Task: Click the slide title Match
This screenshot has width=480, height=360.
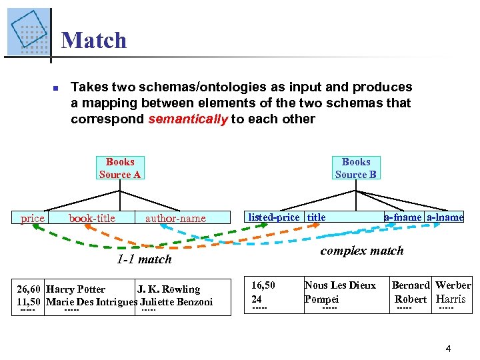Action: click(93, 40)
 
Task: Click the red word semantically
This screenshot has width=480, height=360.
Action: click(187, 119)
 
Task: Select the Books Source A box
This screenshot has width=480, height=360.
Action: click(120, 168)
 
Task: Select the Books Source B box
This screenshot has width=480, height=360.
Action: click(356, 168)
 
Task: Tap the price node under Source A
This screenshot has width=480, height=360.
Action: click(33, 218)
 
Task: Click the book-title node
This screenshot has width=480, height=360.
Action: click(92, 218)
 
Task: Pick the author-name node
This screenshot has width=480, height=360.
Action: click(176, 218)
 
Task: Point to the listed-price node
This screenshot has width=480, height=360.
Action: click(273, 217)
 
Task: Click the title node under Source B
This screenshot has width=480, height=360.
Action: click(316, 217)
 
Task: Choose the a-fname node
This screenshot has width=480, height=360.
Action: click(403, 217)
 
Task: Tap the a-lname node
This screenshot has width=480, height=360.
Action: click(445, 217)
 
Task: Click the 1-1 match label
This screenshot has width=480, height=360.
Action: click(144, 259)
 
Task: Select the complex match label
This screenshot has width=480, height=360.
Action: click(362, 251)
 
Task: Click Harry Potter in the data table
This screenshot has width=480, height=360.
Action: click(76, 289)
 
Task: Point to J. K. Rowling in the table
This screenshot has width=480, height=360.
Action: click(169, 289)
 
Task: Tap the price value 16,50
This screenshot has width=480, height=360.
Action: click(263, 285)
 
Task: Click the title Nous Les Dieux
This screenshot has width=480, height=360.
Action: click(340, 285)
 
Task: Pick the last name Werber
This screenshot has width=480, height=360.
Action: click(453, 285)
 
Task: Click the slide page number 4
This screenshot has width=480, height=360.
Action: click(449, 348)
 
